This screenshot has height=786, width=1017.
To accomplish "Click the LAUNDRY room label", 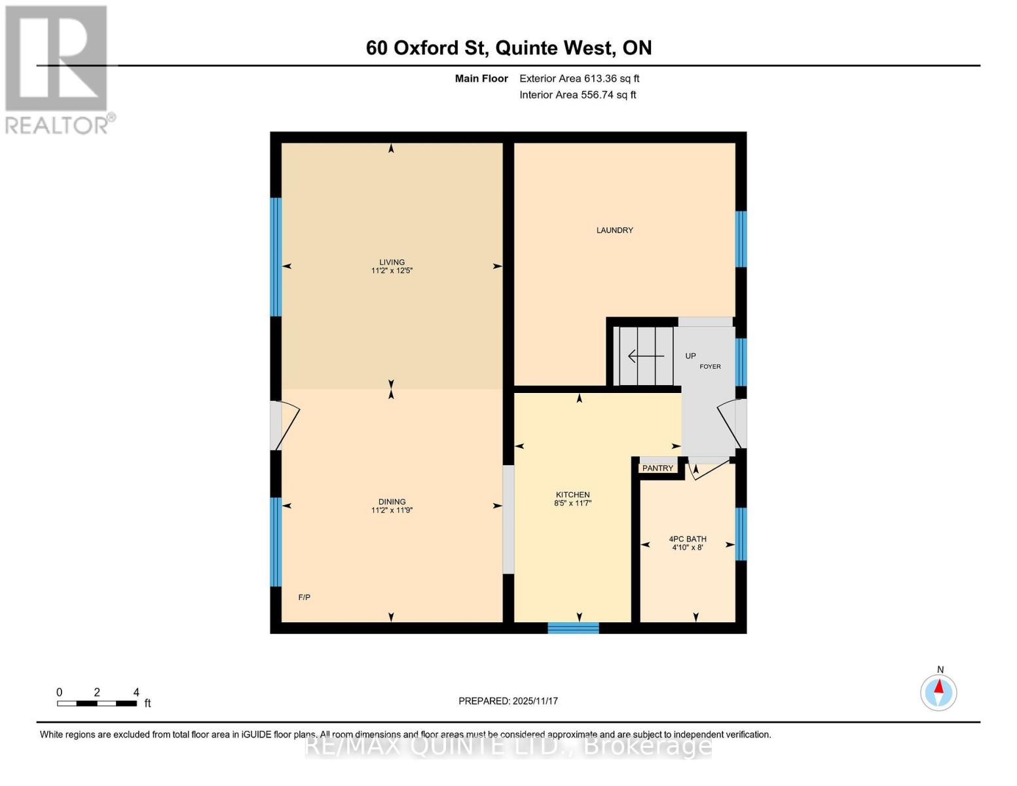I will click(614, 231).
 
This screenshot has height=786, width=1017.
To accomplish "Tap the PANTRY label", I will click(657, 468).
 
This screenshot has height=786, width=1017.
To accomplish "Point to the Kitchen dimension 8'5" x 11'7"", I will click(573, 504).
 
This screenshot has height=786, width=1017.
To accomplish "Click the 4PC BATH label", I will click(687, 539).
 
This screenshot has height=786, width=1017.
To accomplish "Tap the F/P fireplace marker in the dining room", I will click(304, 597).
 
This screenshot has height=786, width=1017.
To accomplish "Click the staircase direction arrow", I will click(646, 356).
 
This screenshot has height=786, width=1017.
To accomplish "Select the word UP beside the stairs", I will click(690, 356).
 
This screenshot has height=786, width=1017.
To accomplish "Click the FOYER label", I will click(710, 367).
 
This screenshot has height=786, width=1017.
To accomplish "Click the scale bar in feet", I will click(97, 703).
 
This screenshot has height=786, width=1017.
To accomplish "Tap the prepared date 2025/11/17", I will click(508, 701).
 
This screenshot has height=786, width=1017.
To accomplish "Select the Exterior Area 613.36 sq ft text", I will click(579, 79).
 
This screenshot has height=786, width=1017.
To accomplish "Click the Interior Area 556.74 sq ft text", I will click(578, 95).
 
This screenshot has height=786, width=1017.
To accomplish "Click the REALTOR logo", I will click(58, 69).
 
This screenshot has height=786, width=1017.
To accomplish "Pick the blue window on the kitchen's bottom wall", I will click(573, 628).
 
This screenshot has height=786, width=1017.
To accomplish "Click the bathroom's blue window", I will click(741, 534).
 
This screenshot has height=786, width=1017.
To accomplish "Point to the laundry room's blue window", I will click(741, 239).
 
